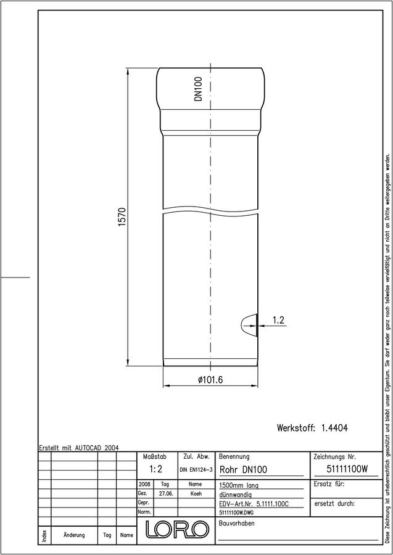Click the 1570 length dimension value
click(122, 218)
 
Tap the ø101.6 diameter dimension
click(210, 380)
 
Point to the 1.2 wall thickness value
click(278, 320)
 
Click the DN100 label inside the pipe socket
click(198, 89)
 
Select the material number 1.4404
click(334, 427)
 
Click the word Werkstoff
click(296, 427)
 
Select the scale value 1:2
click(156, 469)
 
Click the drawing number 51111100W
click(347, 469)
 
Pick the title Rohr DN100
click(244, 470)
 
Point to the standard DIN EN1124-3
click(196, 470)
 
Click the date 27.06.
click(166, 494)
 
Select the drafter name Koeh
click(196, 494)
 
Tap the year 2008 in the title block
click(145, 484)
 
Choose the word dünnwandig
click(236, 495)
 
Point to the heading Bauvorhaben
click(236, 524)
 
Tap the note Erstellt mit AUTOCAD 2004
click(79, 448)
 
